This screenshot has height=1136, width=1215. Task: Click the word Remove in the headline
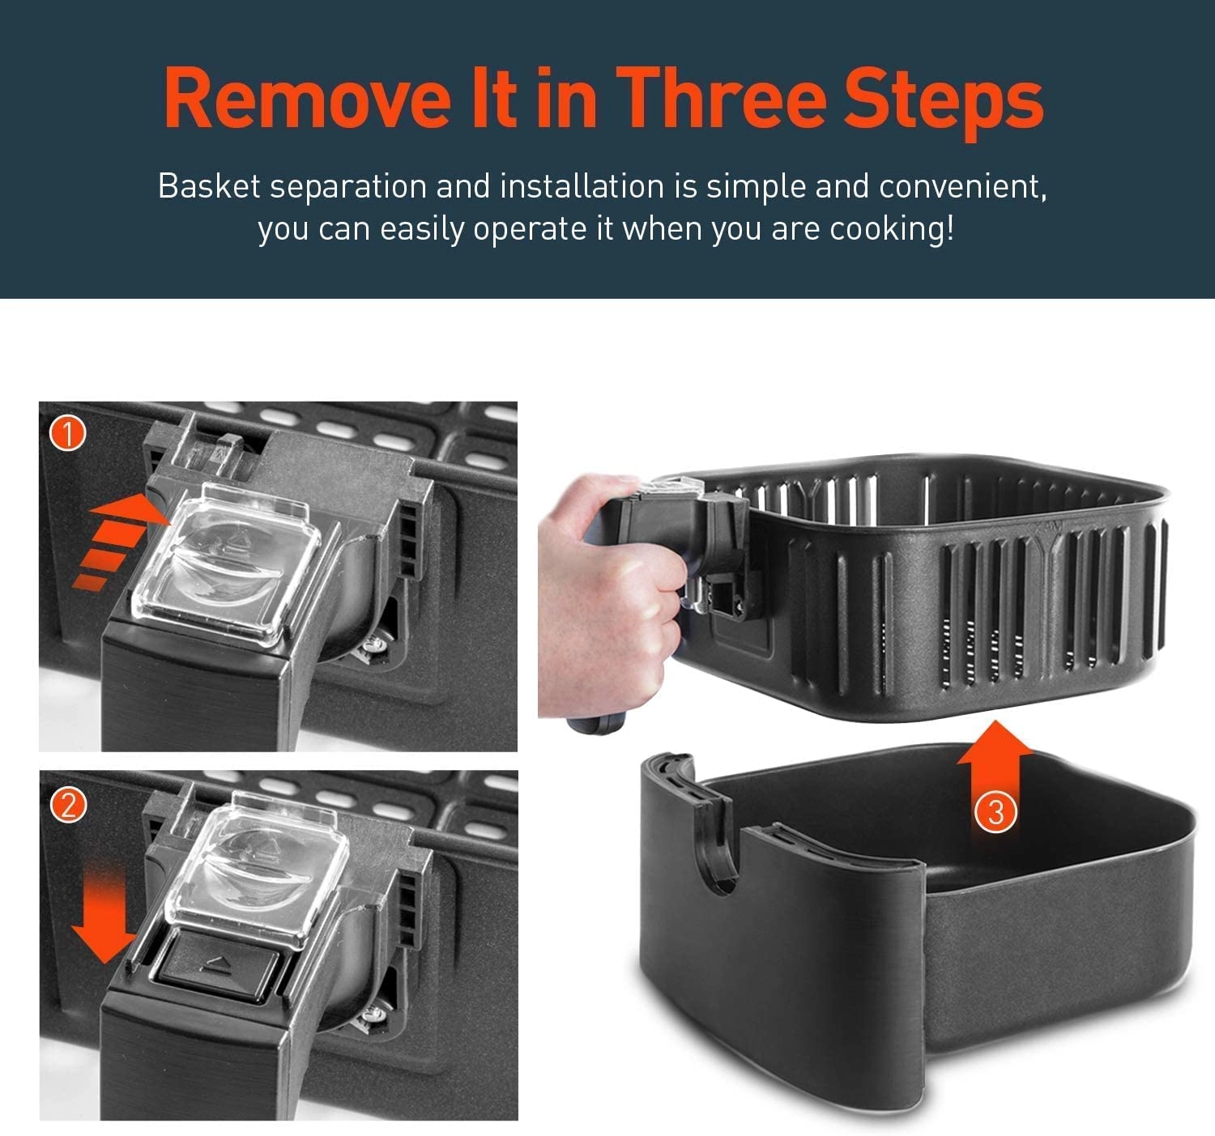click(x=308, y=99)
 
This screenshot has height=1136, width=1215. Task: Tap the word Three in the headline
click(x=721, y=99)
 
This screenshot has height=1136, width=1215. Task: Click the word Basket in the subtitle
click(x=209, y=186)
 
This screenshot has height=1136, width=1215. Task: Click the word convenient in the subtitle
click(x=962, y=186)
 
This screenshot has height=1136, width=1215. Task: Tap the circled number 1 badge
click(x=68, y=434)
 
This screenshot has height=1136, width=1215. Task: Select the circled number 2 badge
click(x=68, y=805)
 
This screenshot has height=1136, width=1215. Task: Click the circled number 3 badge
click(x=996, y=812)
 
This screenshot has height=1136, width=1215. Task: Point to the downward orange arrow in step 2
click(x=103, y=913)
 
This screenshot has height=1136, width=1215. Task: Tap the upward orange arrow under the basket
click(x=995, y=771)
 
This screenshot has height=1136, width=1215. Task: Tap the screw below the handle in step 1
click(x=373, y=646)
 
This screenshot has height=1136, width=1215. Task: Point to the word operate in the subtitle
click(x=532, y=229)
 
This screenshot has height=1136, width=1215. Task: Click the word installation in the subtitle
click(x=582, y=186)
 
